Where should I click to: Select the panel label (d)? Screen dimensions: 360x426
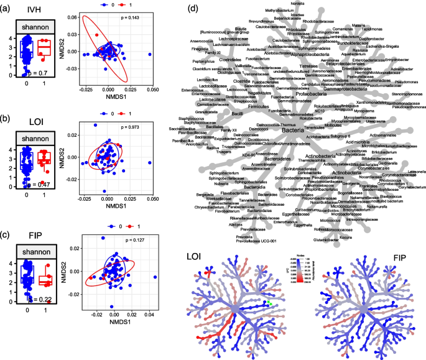[194, 9]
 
